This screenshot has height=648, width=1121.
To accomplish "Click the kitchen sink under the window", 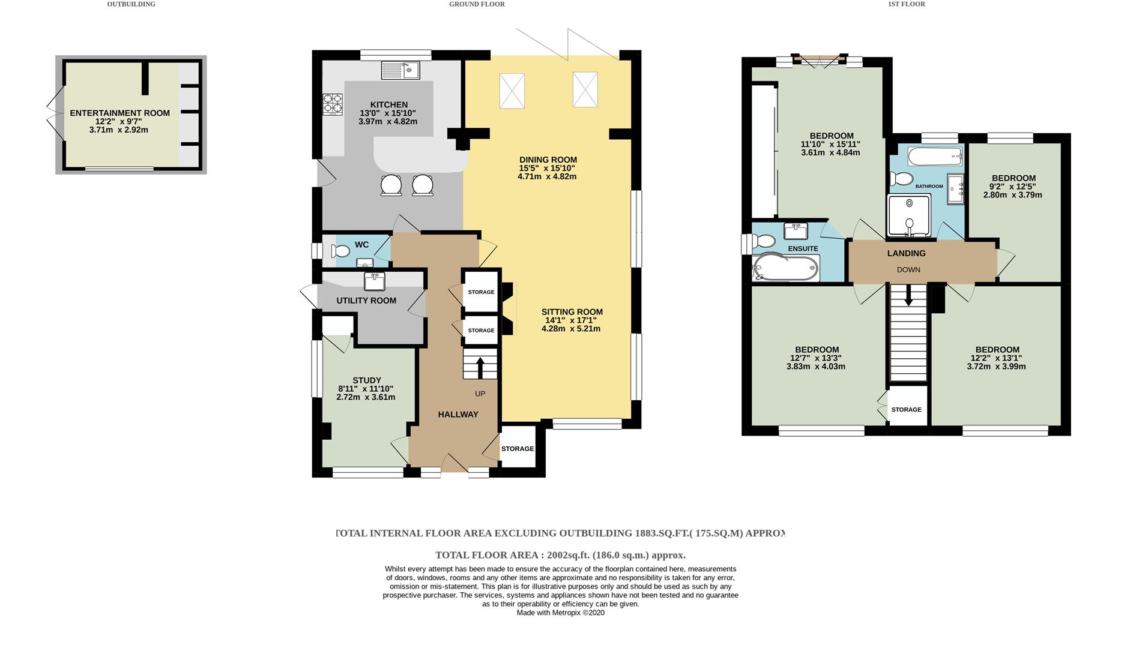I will coord(400,70).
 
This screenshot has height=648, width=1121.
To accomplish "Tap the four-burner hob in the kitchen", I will coord(332,104).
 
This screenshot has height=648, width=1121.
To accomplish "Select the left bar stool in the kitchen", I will coord(391,185).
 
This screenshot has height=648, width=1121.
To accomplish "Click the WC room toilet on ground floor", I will coord(340,251).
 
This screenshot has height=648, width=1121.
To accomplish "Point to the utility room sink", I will coord(374,280).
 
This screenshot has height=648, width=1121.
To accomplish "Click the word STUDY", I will coord(366,380).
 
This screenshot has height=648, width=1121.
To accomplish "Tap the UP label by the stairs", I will coord(480,394).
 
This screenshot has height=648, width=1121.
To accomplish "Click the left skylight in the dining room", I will coord(512,91).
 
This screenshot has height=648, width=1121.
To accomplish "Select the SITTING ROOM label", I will coord(572,312).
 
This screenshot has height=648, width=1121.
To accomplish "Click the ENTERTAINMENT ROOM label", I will coord(119,113).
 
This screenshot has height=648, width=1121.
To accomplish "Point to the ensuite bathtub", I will coord(786,268).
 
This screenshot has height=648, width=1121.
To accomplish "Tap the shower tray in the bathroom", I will coord(908,215).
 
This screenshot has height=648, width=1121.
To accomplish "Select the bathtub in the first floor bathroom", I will coord(935,157).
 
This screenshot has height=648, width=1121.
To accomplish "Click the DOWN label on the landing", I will coord(908,270).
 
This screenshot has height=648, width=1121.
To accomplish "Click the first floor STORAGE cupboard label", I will coord(906,410).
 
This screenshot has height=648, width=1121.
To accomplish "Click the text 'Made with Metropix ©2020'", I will coord(560,613).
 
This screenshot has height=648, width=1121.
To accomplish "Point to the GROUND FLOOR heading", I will coord(477,4).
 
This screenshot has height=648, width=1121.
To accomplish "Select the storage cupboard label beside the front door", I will coord(517,449).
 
